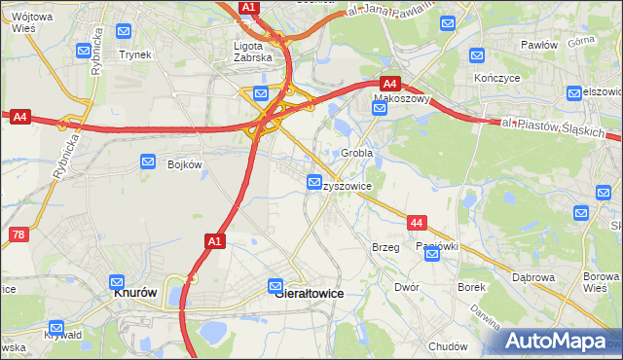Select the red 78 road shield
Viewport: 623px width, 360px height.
[18, 235]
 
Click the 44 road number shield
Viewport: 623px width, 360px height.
[417, 223]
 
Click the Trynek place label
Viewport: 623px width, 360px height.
[135, 54]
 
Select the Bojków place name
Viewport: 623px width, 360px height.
[185, 164]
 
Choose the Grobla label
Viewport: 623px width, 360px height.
[357, 154]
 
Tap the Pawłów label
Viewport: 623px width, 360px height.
[538, 45]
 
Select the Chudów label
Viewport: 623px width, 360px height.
[448, 346]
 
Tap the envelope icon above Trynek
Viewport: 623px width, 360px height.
[124, 30]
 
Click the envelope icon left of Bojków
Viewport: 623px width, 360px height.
[148, 162]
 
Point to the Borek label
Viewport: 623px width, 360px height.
[471, 287]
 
